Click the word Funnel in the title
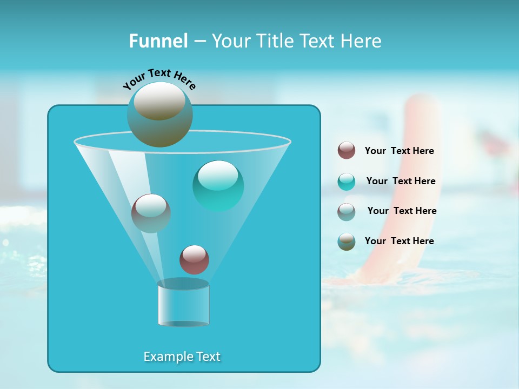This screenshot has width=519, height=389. [x=158, y=41]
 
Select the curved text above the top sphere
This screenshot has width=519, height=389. [x=159, y=78]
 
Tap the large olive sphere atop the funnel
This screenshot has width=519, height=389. [x=159, y=114]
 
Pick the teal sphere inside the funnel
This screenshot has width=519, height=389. [x=218, y=185]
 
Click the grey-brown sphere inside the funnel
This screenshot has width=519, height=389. [x=151, y=213]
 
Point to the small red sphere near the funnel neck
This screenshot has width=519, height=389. [x=194, y=259]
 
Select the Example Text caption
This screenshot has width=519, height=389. [x=182, y=357]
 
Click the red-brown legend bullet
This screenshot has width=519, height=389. [x=347, y=151]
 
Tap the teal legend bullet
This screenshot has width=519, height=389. [x=347, y=182]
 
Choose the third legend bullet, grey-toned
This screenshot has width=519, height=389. [x=347, y=211]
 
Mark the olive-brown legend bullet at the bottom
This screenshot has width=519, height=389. [x=347, y=242]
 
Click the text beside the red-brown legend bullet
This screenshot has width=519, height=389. [x=399, y=151]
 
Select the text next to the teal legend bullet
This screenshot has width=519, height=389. [x=401, y=182]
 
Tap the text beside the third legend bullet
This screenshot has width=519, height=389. [x=402, y=211]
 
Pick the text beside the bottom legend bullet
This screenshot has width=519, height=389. [x=399, y=241]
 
